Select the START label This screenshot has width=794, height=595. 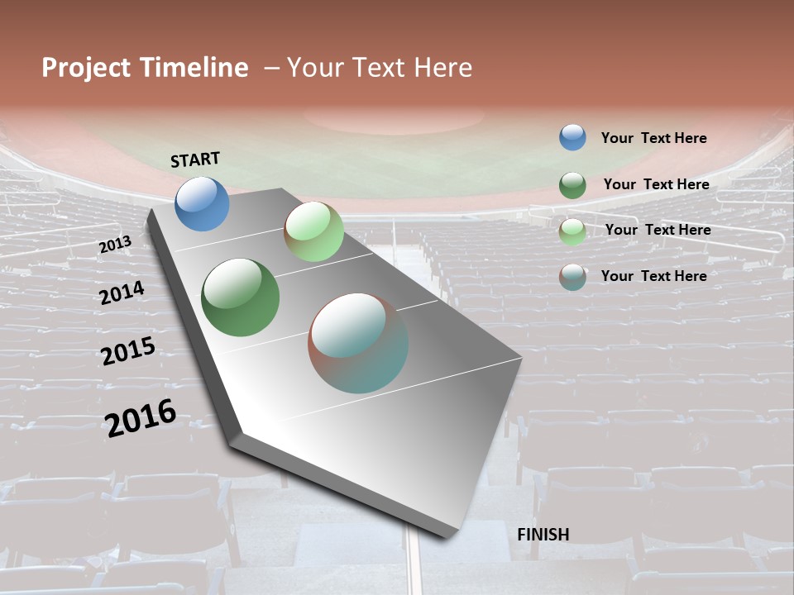[x=195, y=159]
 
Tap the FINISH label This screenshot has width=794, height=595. [x=543, y=535]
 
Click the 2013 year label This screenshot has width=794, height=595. [x=115, y=245]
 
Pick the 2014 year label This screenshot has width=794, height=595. [x=122, y=293]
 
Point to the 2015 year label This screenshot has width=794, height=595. [x=128, y=350]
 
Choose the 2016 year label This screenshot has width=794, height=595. [x=141, y=416]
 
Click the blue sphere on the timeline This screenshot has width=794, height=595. [x=203, y=203]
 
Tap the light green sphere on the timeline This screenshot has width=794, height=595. [x=313, y=231]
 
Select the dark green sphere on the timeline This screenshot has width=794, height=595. [x=241, y=297]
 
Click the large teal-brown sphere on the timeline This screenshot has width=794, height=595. [x=358, y=343]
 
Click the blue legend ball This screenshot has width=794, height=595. [x=572, y=137]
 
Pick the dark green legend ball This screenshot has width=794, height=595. [x=572, y=185]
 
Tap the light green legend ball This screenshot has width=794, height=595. [x=572, y=231]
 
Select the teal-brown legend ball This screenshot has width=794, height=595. [x=572, y=277]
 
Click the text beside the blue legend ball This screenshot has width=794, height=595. [x=653, y=138]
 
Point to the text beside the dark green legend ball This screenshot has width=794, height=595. [x=656, y=184]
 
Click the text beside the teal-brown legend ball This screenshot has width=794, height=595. [x=653, y=276]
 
